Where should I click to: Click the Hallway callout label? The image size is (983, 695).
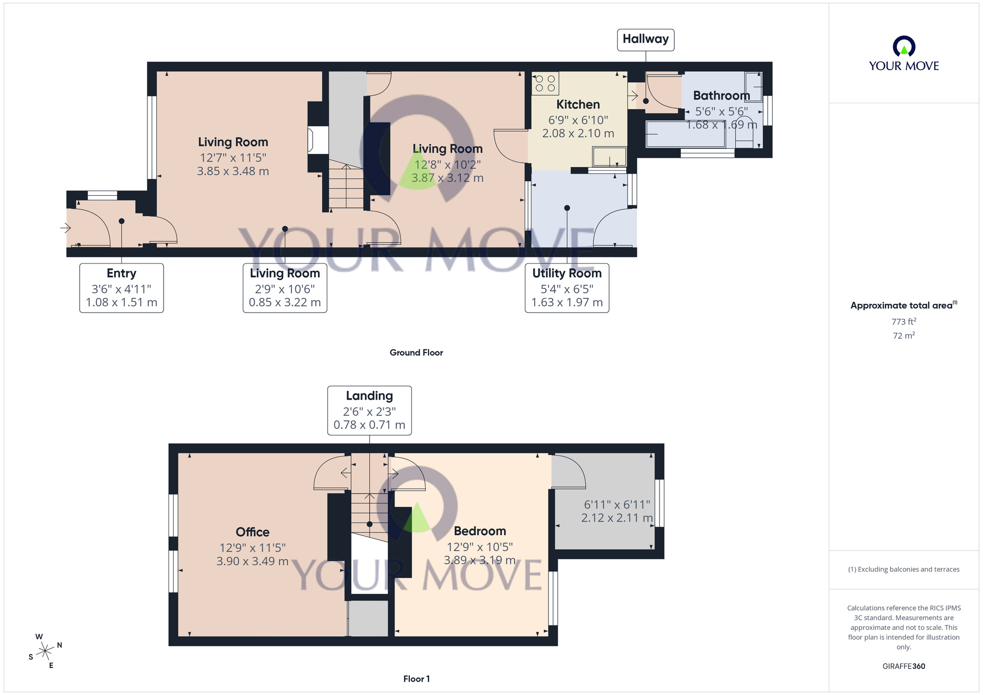tap(645, 39)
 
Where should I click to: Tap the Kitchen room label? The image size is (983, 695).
tap(578, 105)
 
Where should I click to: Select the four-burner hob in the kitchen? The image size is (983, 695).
tap(546, 83)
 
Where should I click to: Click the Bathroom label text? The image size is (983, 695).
tap(721, 96)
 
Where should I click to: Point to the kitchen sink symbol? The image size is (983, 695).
tap(609, 157)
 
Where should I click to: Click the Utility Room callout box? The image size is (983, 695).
tap(567, 288)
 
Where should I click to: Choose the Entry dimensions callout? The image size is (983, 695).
tap(121, 288)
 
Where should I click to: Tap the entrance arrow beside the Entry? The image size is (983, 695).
tap(65, 228)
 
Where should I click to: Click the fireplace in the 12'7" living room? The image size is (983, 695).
tap(311, 140)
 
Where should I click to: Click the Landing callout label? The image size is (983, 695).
tap(370, 410)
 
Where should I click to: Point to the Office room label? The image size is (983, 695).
tap(253, 532)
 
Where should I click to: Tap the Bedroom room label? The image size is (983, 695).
tap(480, 531)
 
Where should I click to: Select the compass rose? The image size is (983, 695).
tap(45, 651)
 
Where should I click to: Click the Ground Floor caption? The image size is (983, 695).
tap(416, 353)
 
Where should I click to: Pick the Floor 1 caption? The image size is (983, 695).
tap(416, 679)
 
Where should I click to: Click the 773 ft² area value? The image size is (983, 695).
tap(903, 322)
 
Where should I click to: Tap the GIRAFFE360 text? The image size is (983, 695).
tap(903, 666)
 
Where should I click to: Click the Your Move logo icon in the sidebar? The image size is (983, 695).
tap(903, 47)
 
